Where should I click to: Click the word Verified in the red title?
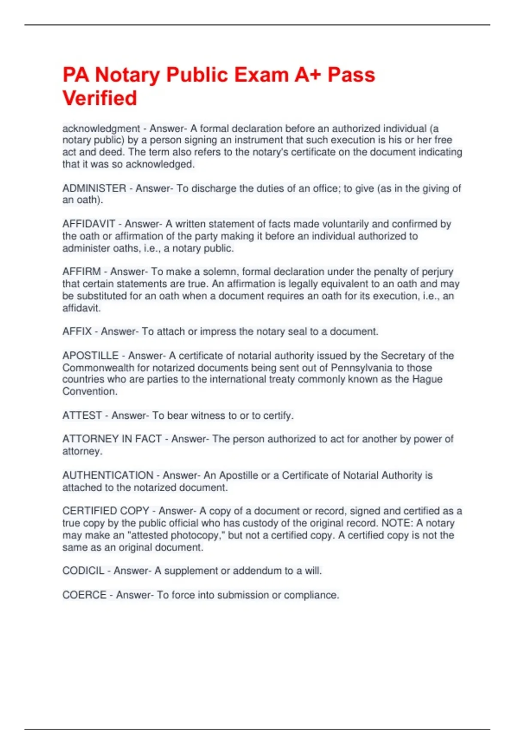coord(100,98)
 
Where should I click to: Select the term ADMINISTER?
coord(94,189)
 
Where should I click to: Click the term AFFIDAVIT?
coord(89,224)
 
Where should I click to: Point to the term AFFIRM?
coord(82,272)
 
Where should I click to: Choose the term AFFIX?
coord(77,332)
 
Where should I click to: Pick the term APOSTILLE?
coord(91,356)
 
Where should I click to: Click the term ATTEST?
coord(82,416)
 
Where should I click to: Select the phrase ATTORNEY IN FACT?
coord(112,439)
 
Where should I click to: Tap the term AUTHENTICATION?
coord(108,475)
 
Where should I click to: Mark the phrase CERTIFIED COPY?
coord(106,511)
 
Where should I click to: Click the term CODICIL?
coord(83,571)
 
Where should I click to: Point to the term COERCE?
coord(85,595)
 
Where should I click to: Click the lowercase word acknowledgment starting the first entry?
coord(101,129)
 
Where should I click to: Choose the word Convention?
coord(89,392)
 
